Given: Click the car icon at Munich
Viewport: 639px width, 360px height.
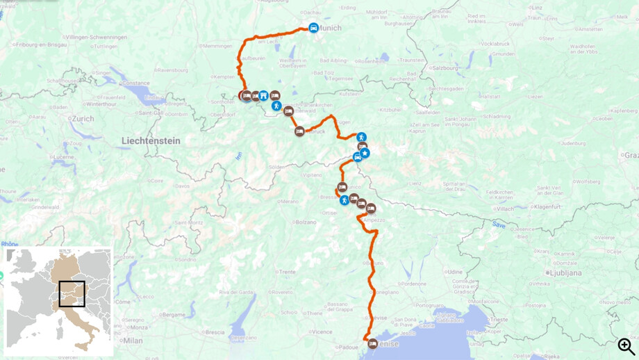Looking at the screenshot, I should coord(313,28).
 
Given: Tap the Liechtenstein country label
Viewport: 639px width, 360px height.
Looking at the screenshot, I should coord(151,141).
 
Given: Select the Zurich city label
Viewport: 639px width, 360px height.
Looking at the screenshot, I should coord(83,119).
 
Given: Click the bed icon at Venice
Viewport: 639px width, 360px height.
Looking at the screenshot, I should coord(373,343).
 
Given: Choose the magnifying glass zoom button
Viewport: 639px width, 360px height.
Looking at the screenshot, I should coord(626,346).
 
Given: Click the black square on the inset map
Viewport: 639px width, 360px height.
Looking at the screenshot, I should coord(72,294).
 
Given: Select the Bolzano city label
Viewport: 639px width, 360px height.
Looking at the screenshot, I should coord(306,222).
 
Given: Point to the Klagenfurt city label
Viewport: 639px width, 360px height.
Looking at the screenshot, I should coord(547,206).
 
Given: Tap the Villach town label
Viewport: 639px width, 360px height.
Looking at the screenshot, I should coord(505,208).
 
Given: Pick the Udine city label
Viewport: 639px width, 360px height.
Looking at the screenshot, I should coord(455,272).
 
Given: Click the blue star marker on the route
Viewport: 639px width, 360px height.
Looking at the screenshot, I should coord(365,153).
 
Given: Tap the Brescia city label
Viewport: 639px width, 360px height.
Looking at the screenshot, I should coord(215,332).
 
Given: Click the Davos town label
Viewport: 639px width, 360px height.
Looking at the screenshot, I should coord(182,186).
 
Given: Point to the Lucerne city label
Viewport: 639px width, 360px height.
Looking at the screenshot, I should coord(63,157).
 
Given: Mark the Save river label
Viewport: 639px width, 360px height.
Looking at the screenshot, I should coord(499,224).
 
